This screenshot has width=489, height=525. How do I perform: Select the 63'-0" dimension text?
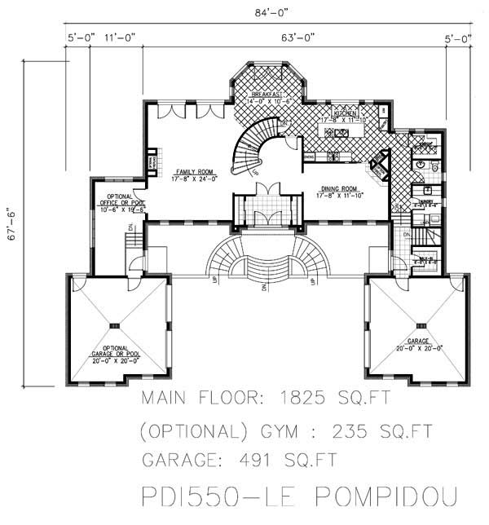297,37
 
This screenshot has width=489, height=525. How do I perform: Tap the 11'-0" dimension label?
120,37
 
